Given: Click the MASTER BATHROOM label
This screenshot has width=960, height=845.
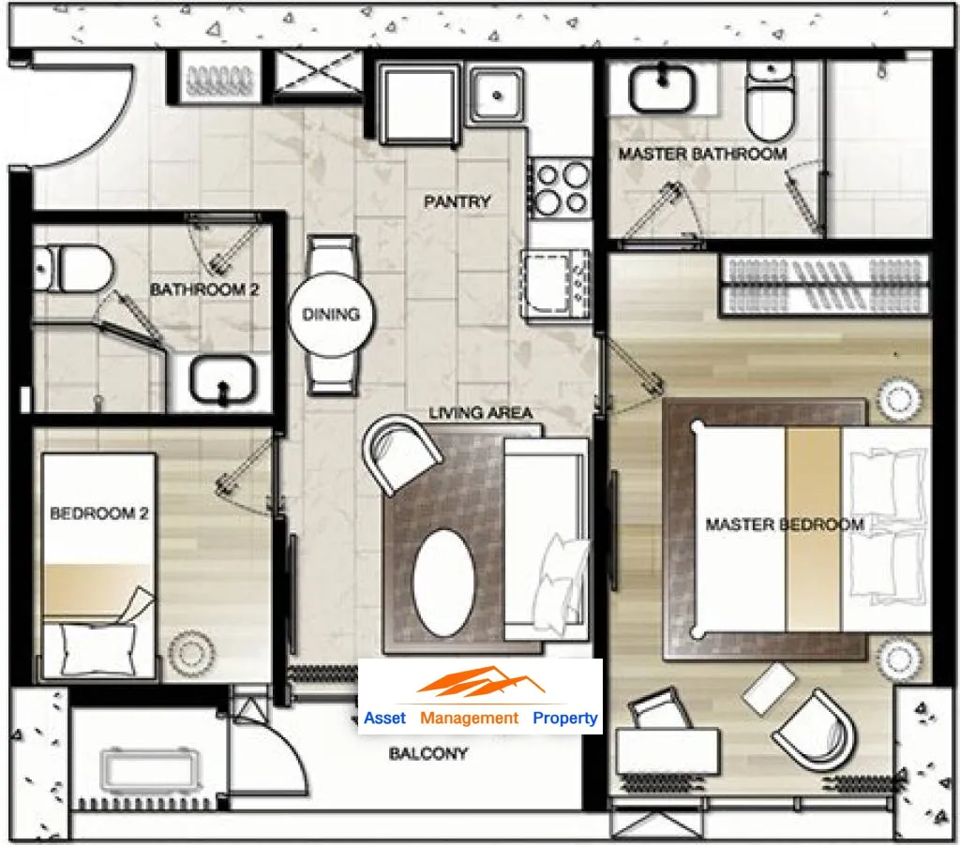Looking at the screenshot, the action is pyautogui.click(x=702, y=154).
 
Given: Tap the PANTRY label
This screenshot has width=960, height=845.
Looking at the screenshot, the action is pyautogui.click(x=457, y=201).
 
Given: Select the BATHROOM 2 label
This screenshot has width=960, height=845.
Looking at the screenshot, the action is pyautogui.click(x=204, y=289).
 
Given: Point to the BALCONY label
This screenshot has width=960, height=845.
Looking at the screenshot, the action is pyautogui.click(x=428, y=753).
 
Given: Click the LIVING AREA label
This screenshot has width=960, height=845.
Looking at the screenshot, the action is pyautogui.click(x=481, y=413).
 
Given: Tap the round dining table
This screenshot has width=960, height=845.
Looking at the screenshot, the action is pyautogui.click(x=331, y=315).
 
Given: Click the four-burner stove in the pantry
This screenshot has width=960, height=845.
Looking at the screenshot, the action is pyautogui.click(x=561, y=188).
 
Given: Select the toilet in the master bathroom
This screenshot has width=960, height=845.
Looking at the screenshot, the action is pyautogui.click(x=771, y=99).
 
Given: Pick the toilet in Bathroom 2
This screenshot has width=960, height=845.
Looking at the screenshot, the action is pyautogui.click(x=73, y=269).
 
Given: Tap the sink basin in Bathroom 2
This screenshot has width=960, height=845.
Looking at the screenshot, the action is pyautogui.click(x=223, y=380).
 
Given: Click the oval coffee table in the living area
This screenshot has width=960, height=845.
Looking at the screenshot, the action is pyautogui.click(x=443, y=583).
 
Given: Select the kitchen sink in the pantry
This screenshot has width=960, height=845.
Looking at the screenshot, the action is pyautogui.click(x=497, y=96).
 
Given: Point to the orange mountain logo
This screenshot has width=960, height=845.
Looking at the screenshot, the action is pyautogui.click(x=480, y=682).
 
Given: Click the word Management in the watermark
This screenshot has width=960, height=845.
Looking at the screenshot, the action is pyautogui.click(x=469, y=718).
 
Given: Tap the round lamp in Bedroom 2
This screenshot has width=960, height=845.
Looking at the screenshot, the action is pyautogui.click(x=191, y=654).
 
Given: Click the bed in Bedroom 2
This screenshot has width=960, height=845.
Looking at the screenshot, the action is pyautogui.click(x=98, y=566).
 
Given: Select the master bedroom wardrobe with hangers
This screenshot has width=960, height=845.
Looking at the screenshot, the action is pyautogui.click(x=824, y=285).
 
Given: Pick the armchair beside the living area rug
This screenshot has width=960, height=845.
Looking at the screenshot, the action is pyautogui.click(x=401, y=452).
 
